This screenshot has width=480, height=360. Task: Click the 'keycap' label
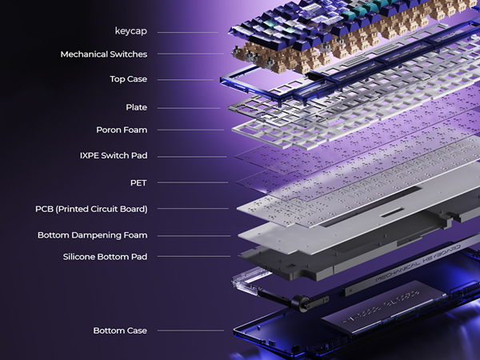click(131, 31)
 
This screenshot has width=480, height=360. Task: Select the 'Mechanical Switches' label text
click(104, 54)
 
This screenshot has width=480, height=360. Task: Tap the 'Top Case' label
click(129, 79)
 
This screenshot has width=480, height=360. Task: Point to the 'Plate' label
click(137, 107)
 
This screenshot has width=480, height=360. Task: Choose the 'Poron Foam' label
click(122, 130)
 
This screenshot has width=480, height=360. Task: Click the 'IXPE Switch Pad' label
click(114, 155)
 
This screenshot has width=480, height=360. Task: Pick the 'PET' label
click(138, 183)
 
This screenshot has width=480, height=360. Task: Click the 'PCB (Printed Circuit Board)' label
click(91, 209)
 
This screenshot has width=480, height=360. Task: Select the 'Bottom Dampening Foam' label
click(93, 235)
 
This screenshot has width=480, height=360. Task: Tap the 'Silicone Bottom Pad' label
click(105, 257)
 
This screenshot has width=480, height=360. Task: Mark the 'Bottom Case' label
click(120, 330)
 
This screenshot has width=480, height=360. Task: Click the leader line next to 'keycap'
click(188, 32)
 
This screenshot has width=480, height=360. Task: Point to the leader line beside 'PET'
click(193, 182)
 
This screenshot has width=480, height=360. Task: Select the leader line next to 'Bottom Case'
click(190, 330)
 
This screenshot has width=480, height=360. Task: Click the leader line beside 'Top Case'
click(186, 80)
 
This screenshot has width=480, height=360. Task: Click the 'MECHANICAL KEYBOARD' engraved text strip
click(418, 262)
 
